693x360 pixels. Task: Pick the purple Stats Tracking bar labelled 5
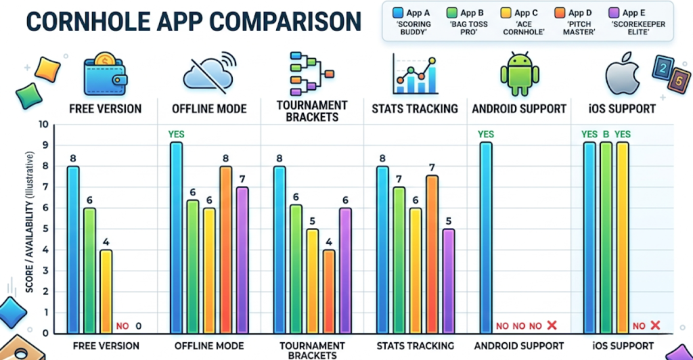coord(448,281)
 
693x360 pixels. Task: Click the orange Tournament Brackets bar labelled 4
coord(328,292)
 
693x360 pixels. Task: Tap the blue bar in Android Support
coord(486,238)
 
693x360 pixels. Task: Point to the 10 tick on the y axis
coord(44,125)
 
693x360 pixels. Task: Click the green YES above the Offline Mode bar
coord(176,134)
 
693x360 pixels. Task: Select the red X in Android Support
coord(552,326)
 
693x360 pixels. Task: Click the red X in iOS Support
coord(654,326)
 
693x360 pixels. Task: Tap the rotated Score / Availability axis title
coord(30,223)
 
